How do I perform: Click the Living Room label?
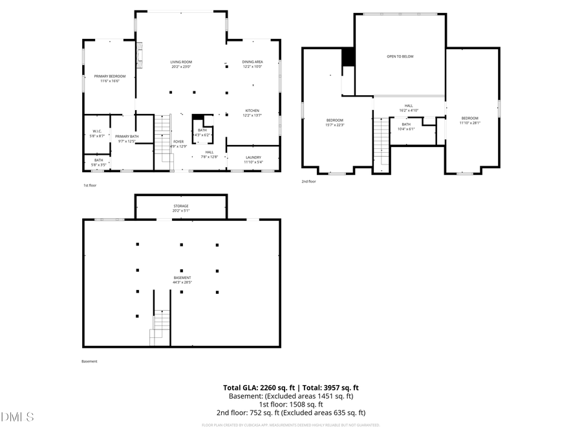(x=181, y=64)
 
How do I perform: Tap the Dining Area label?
(x=252, y=64)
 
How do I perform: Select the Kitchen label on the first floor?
(x=252, y=113)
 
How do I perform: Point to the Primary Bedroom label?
(x=110, y=78)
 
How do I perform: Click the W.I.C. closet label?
(x=98, y=133)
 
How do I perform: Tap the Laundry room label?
(x=253, y=159)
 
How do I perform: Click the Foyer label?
(x=178, y=144)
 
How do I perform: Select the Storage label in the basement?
(x=180, y=208)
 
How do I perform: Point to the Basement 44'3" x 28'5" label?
(x=182, y=280)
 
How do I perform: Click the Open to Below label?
(x=400, y=56)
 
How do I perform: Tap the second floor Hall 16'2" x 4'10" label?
(x=409, y=108)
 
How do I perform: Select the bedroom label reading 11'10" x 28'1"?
(x=469, y=120)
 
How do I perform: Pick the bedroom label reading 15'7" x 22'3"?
(x=335, y=122)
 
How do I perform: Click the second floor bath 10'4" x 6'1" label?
(x=406, y=126)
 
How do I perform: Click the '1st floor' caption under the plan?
(x=91, y=185)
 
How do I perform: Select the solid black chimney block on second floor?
(x=349, y=57)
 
